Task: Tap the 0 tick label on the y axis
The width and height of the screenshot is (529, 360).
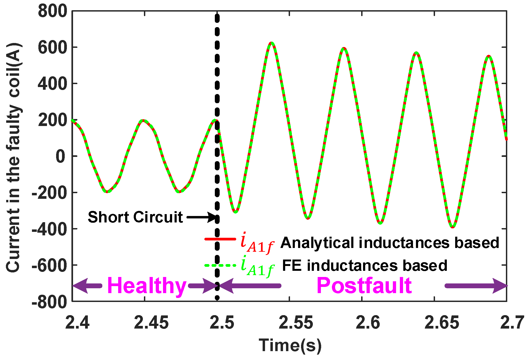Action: [x=60, y=157]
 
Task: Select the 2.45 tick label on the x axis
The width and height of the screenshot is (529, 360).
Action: [x=151, y=322]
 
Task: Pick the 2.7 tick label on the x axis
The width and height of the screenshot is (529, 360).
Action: [x=512, y=322]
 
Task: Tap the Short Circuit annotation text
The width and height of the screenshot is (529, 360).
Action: [x=135, y=217]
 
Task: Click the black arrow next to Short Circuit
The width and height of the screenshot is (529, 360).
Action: [x=201, y=217]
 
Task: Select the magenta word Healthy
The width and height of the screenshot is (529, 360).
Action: [x=147, y=286]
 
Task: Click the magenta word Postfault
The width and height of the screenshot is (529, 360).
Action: [x=364, y=286]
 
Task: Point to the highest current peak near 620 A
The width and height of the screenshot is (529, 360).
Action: [x=272, y=43]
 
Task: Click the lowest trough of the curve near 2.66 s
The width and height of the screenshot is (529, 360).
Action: [x=453, y=227]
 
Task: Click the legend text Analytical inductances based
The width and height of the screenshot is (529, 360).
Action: [x=389, y=243]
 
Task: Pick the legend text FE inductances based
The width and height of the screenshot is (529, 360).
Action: [x=364, y=266]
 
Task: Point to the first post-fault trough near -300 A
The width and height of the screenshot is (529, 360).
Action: [x=235, y=212]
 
